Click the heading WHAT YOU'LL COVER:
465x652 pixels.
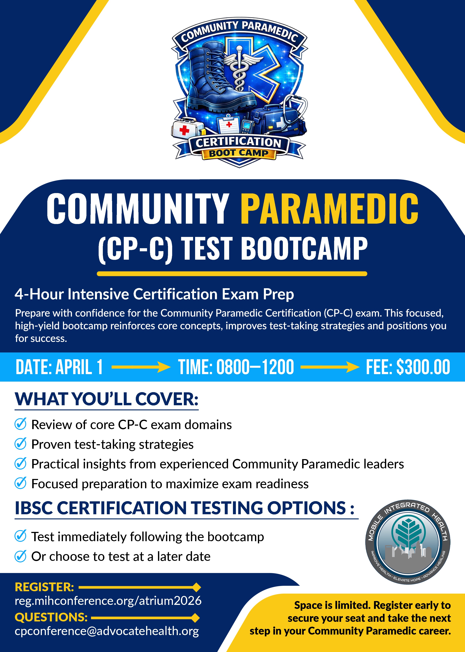tap(106, 399)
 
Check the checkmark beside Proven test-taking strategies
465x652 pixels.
tap(21, 444)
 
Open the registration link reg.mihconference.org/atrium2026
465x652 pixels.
tap(108, 601)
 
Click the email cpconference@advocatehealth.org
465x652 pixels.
tap(107, 631)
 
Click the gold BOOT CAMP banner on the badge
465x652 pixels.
tap(239, 153)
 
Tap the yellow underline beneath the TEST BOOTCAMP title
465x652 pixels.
tap(232, 274)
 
